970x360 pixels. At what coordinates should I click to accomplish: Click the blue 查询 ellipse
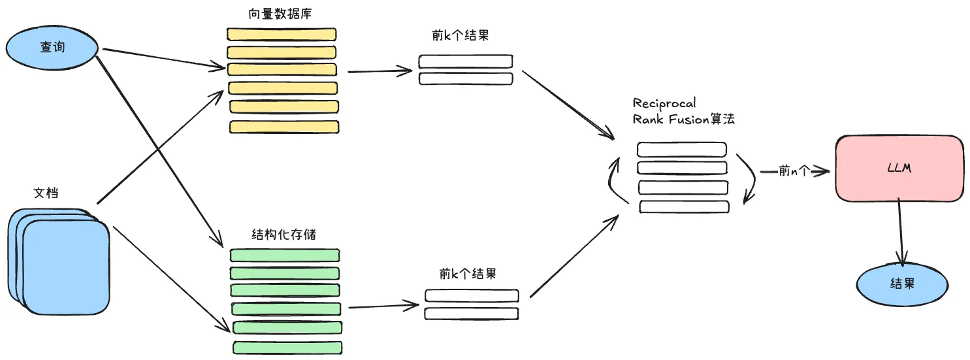[52, 48]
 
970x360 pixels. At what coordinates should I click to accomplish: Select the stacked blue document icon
[59, 261]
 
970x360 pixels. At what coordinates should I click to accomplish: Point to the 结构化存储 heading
[283, 234]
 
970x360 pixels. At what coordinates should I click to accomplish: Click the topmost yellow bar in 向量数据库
[282, 34]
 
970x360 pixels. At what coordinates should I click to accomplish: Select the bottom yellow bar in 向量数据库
[284, 127]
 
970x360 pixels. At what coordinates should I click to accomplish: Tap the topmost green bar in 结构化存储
[284, 255]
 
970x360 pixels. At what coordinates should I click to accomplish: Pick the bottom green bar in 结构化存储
[287, 346]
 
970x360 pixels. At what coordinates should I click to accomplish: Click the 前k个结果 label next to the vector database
[460, 37]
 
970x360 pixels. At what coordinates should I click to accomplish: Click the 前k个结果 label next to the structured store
[468, 273]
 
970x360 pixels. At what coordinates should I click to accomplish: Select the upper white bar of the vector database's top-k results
[465, 61]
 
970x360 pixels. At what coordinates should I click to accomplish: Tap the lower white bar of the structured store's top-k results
[471, 314]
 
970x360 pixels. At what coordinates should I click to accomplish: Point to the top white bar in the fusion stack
[681, 150]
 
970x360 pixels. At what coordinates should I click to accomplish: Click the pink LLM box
[899, 169]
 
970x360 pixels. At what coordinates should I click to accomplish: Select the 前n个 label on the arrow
[794, 171]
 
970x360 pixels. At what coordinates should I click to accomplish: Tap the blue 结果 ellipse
[901, 284]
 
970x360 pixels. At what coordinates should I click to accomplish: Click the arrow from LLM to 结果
[901, 232]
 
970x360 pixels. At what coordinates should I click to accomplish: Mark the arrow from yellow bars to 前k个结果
[382, 71]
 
